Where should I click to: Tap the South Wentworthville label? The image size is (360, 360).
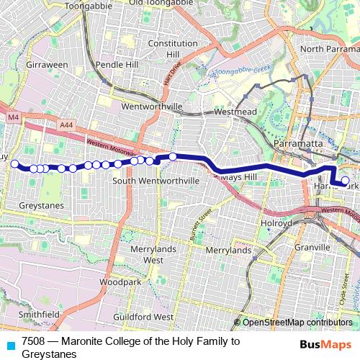click(x=156, y=180)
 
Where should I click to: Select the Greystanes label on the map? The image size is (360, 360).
click(x=42, y=205)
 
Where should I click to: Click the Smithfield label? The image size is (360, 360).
click(x=39, y=315)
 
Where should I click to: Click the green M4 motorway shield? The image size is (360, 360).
click(x=14, y=117)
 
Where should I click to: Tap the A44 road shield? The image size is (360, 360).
click(x=66, y=125)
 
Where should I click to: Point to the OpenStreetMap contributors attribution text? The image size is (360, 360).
click(x=297, y=322)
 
